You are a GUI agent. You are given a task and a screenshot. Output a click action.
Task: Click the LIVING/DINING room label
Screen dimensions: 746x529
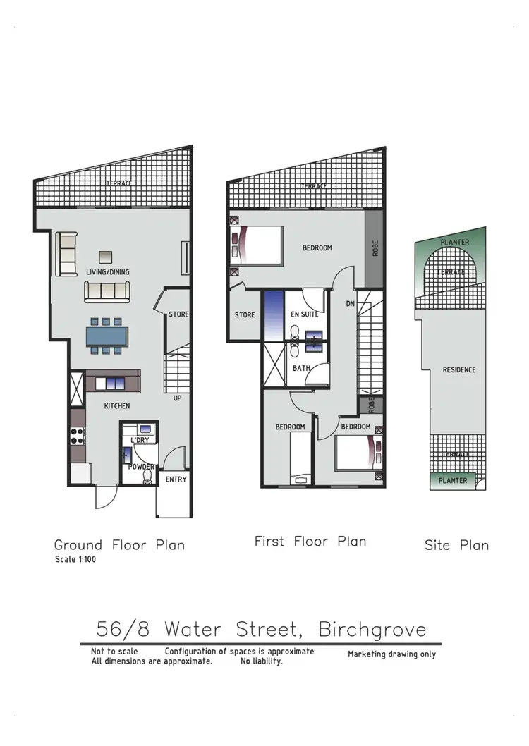tap(108, 272)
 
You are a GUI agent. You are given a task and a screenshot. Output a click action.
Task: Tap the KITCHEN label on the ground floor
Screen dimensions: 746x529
tap(117, 406)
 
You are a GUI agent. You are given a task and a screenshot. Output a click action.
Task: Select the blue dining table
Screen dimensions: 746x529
tap(107, 336)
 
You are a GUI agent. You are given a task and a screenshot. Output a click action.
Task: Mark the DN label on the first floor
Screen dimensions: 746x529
tap(350, 304)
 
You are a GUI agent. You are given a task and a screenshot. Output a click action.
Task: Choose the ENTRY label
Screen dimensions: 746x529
tap(176, 479)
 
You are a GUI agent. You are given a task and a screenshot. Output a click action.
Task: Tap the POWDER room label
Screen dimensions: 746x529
tap(140, 466)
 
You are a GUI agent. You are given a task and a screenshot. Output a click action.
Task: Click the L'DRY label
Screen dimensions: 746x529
tap(139, 440)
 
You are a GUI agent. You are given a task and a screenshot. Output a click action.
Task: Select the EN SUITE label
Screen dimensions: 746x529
tap(305, 314)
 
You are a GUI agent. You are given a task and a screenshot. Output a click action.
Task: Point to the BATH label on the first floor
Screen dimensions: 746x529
tap(301, 368)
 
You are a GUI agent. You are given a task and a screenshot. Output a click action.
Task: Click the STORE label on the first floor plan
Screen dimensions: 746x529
tap(245, 314)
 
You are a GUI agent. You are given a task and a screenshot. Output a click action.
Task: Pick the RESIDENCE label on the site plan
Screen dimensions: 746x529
tap(458, 369)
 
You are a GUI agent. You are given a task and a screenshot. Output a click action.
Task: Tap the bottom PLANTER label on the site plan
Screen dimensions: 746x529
tap(453, 481)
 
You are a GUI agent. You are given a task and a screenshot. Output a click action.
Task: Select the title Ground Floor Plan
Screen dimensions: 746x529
tap(119, 545)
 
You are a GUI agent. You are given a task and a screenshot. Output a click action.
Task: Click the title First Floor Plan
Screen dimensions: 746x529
tap(310, 542)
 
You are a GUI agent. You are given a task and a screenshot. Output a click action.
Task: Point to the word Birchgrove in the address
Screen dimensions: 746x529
tap(372, 628)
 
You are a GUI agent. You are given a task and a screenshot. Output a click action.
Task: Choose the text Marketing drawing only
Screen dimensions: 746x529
tap(391, 654)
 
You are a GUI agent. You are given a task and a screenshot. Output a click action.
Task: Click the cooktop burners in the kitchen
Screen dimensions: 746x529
tap(77, 436)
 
